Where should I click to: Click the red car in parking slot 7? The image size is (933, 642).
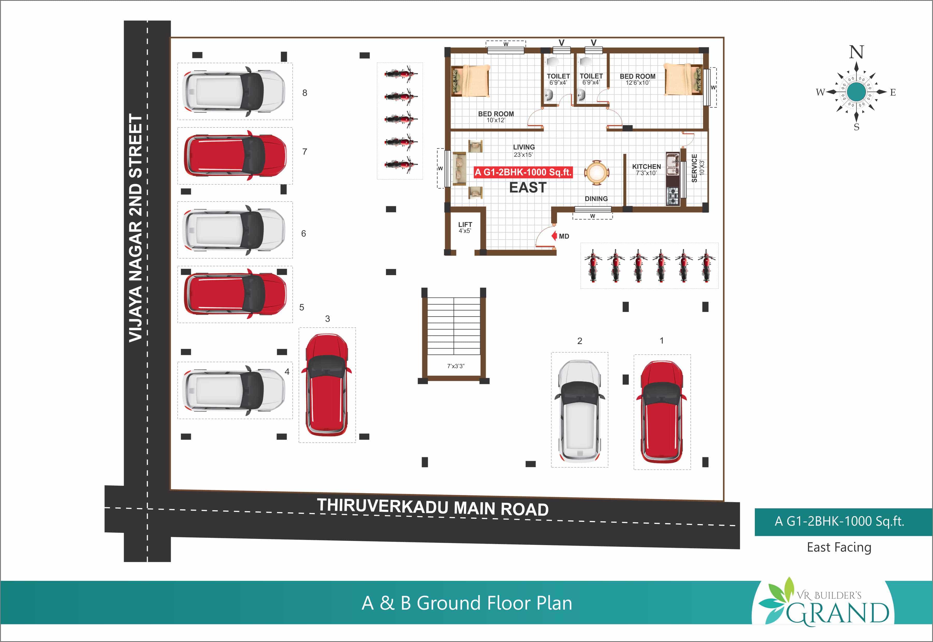[235, 155]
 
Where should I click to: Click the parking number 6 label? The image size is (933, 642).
[303, 234]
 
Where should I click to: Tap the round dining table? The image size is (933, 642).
[596, 173]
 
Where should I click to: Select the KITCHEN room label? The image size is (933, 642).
[646, 167]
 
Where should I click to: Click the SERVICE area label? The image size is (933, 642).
[694, 168]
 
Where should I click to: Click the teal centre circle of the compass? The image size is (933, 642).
[856, 92]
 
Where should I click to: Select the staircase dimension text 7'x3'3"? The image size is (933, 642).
[456, 366]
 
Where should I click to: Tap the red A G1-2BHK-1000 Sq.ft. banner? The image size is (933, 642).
[523, 172]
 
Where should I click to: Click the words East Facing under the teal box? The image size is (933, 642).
[839, 547]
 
